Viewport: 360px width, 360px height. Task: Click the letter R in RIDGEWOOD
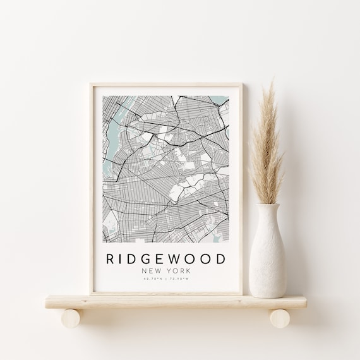click(x=112, y=259)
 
